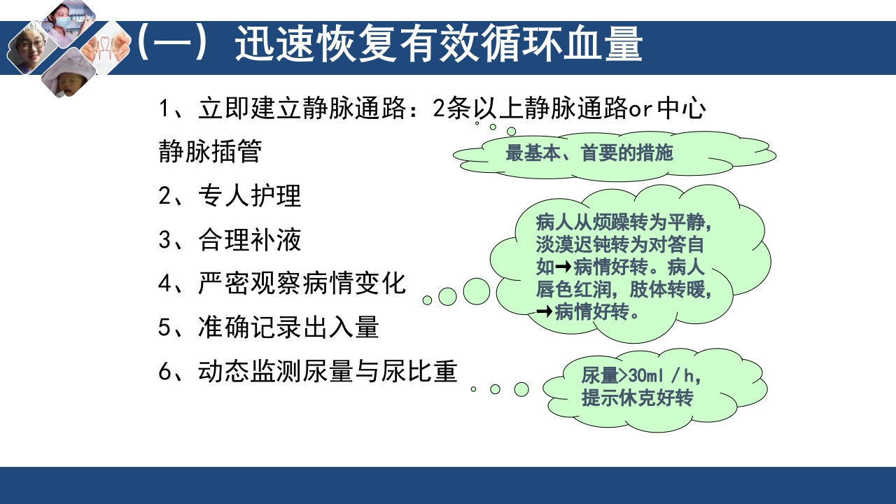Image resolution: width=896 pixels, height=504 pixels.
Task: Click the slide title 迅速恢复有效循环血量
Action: (438, 45)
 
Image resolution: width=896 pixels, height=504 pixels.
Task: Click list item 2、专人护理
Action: (230, 196)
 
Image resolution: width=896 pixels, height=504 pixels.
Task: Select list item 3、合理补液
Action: (230, 240)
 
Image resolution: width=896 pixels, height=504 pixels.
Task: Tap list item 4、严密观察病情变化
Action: (282, 283)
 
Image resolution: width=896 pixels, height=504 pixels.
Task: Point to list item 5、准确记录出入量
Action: (268, 327)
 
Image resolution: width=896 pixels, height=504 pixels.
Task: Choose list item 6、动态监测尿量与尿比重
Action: (308, 371)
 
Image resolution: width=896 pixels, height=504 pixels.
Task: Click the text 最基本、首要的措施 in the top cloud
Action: (589, 153)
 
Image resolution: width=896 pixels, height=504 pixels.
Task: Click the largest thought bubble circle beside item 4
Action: (477, 291)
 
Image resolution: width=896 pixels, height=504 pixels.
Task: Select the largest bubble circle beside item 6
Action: (521, 389)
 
